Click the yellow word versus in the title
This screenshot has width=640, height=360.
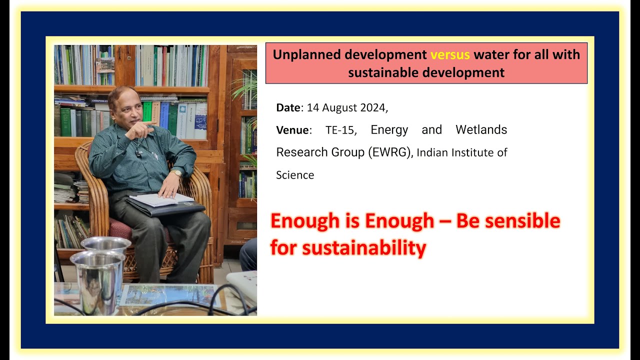point(450,54)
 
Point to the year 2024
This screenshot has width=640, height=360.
point(371,107)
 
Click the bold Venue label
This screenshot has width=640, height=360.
point(292,130)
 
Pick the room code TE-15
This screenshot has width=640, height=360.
point(340,130)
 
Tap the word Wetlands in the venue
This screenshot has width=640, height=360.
point(481,130)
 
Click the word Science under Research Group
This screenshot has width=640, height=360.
point(295,175)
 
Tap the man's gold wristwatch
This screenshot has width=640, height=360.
point(176,173)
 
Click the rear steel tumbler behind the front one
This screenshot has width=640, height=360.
point(106,244)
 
